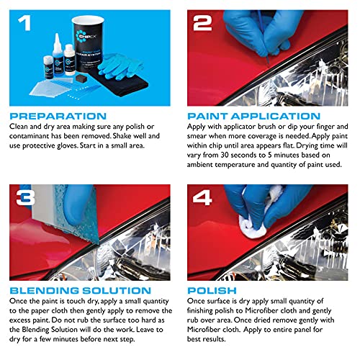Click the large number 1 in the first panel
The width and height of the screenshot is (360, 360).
[24, 23]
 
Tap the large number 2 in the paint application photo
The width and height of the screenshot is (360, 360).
[202, 23]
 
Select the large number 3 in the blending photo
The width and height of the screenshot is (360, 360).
[25, 197]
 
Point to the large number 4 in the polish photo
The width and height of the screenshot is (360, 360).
[202, 197]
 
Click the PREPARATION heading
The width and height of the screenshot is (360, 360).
[58, 116]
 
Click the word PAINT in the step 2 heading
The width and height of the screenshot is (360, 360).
[207, 116]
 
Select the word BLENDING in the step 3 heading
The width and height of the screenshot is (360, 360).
[44, 291]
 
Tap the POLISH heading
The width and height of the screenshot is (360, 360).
[212, 291]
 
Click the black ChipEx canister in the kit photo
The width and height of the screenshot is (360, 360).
[88, 45]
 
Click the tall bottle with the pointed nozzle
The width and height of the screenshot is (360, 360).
[58, 55]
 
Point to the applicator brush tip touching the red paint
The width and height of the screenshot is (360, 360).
[269, 63]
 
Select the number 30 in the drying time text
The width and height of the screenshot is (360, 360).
[225, 155]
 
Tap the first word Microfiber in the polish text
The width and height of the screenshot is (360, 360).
[262, 310]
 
